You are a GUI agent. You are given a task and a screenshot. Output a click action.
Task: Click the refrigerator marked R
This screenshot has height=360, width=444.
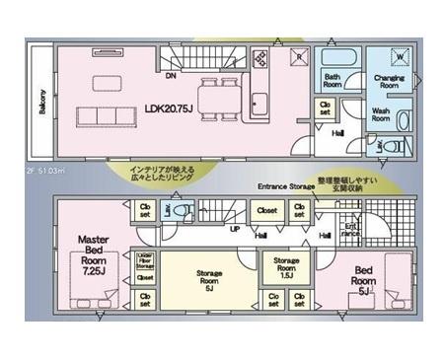(x=298, y=57)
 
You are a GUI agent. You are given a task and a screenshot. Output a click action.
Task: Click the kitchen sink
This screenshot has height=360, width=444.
(x=262, y=103)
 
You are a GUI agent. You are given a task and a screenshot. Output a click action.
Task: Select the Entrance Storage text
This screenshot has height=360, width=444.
(x=286, y=185)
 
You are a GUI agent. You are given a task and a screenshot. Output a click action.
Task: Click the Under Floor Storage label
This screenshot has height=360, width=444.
(x=145, y=259)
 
